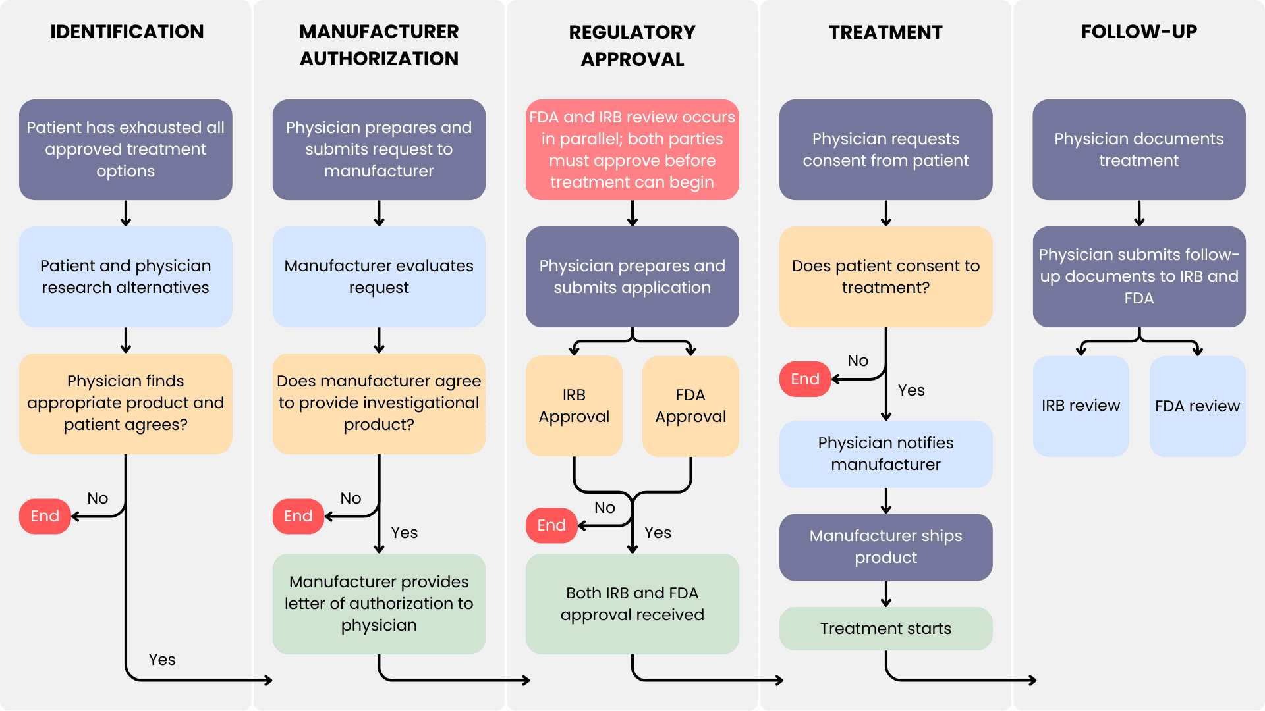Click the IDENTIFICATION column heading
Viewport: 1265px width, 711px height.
tap(126, 32)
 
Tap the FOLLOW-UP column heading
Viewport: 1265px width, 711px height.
tap(1138, 32)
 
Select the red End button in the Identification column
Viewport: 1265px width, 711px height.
tap(45, 516)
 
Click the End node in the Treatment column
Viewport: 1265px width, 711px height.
tap(804, 379)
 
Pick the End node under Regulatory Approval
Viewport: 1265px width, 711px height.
tap(551, 525)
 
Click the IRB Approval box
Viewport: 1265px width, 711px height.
tap(574, 406)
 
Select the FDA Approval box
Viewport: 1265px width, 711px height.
tap(690, 406)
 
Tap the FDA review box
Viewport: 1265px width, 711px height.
tap(1197, 406)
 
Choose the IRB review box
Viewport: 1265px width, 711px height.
tap(1081, 406)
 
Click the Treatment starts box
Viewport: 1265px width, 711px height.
tap(885, 629)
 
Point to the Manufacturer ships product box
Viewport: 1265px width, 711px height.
tap(885, 546)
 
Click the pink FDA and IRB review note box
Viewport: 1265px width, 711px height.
tap(632, 149)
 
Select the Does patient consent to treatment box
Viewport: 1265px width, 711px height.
tap(885, 276)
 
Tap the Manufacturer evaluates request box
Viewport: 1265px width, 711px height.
tap(379, 276)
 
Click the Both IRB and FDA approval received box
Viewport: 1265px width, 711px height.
tap(632, 604)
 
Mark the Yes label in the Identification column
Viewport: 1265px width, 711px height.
tap(162, 660)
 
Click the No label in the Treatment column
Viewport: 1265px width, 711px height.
tap(858, 361)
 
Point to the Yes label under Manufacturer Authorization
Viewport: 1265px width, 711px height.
tap(405, 533)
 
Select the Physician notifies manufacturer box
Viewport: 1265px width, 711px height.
tap(885, 454)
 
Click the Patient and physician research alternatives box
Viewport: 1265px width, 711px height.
tap(125, 276)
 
